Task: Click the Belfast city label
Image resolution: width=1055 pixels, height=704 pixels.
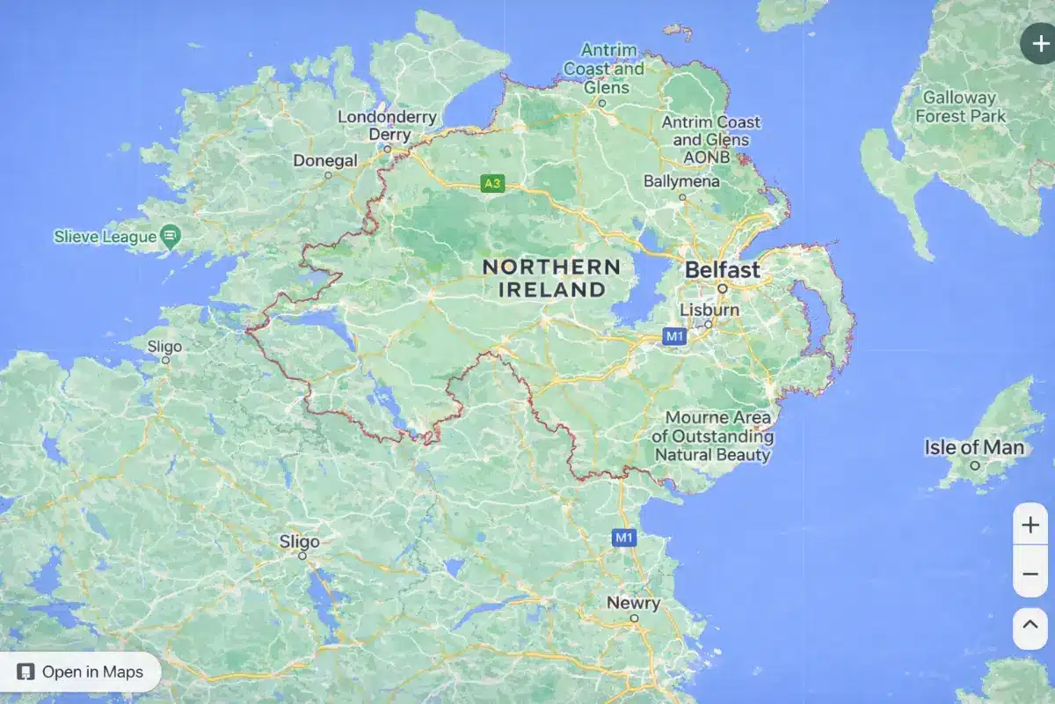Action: (x=722, y=270)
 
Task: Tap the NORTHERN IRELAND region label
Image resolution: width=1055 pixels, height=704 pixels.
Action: (x=551, y=277)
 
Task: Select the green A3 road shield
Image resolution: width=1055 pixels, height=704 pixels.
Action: (x=492, y=184)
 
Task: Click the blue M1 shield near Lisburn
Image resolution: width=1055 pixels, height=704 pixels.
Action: (x=674, y=335)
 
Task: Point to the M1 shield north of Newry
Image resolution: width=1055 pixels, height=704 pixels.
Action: (x=624, y=537)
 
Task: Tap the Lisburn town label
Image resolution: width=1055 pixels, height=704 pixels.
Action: (x=709, y=310)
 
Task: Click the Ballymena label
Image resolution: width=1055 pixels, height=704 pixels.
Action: (x=681, y=181)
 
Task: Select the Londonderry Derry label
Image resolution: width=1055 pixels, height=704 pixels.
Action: (x=387, y=126)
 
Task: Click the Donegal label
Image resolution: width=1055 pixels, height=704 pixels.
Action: (x=325, y=161)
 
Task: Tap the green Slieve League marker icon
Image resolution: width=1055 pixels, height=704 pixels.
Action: (x=171, y=236)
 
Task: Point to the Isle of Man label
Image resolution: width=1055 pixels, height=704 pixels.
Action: (x=974, y=447)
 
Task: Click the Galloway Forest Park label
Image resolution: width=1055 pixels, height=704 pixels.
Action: (x=959, y=106)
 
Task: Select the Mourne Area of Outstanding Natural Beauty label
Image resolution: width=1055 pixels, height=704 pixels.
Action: (x=713, y=436)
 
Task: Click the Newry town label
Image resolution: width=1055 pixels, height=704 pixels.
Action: (x=633, y=603)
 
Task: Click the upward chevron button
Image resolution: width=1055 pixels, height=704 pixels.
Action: (x=1030, y=628)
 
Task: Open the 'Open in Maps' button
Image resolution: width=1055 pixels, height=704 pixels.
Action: (x=81, y=672)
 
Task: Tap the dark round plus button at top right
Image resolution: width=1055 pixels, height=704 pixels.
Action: (x=1039, y=43)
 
